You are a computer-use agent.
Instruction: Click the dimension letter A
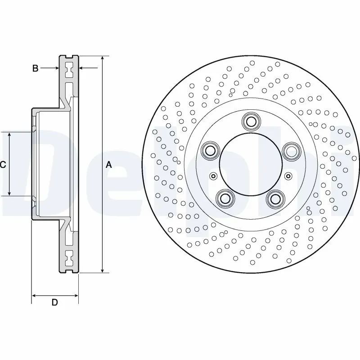point(108,165)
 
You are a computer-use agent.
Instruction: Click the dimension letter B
point(35,68)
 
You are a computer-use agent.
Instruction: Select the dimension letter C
point(3,165)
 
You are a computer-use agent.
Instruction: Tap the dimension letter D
point(54,303)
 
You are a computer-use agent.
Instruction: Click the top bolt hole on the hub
point(250,121)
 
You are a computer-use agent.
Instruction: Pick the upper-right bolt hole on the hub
point(291,150)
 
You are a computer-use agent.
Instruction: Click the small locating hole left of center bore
point(213,176)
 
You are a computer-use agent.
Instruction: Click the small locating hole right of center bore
point(288,176)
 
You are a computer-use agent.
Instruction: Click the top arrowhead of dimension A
point(103,59)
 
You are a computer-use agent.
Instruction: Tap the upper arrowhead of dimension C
point(10,135)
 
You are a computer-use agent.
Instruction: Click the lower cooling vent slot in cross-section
point(69,259)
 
